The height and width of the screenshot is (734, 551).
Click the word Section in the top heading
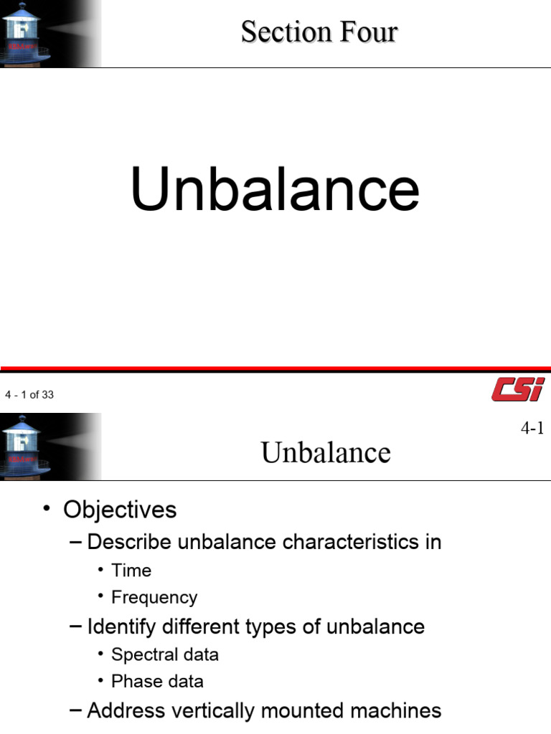tap(286, 32)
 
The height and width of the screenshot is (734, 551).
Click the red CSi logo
tap(517, 389)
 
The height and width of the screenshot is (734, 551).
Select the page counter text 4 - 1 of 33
tap(29, 395)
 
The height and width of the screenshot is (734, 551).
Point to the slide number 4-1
tap(532, 429)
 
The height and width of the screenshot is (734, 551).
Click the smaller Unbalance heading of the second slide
tap(326, 453)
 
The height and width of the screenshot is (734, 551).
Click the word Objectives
tap(120, 510)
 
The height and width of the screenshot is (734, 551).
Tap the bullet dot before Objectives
tap(47, 509)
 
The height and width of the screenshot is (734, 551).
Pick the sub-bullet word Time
tap(131, 571)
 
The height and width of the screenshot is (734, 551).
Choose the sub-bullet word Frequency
tap(154, 598)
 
